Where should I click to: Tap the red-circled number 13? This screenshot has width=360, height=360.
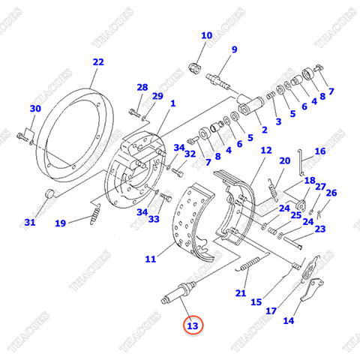[193, 325]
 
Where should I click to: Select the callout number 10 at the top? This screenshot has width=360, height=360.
[206, 35]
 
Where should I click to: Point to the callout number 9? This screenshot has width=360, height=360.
[234, 49]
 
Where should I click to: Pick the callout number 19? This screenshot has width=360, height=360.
[60, 222]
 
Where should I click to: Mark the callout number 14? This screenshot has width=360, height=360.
[288, 321]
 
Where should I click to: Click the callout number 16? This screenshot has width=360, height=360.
[320, 151]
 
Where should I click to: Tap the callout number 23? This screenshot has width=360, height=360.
[320, 229]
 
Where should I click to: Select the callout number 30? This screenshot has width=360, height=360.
[34, 109]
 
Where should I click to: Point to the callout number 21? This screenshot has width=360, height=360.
[240, 292]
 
